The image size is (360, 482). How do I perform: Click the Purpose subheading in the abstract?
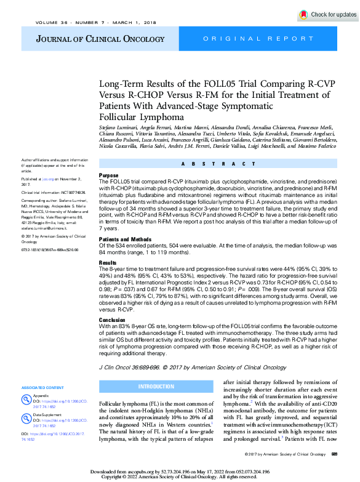pos(109,175)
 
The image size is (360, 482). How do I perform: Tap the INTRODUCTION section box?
pos(157,386)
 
